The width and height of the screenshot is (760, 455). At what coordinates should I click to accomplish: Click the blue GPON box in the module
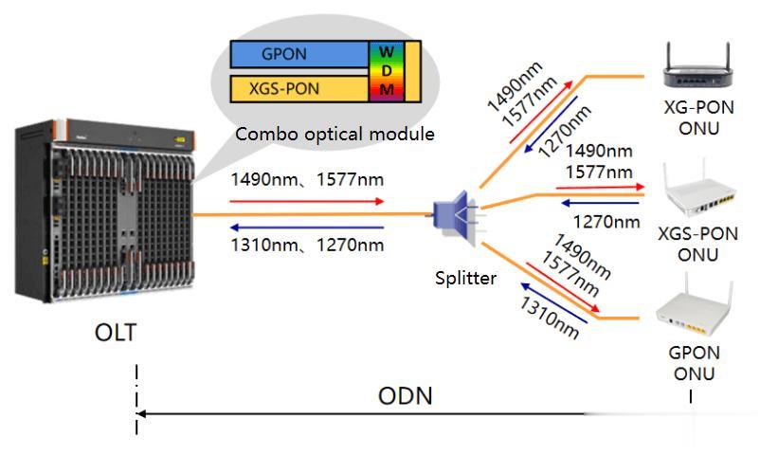(299, 55)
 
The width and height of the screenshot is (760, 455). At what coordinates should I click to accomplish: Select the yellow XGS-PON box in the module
(299, 89)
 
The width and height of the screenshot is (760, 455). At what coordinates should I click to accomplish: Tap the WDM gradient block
(387, 70)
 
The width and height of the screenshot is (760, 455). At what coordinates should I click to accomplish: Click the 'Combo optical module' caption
(335, 134)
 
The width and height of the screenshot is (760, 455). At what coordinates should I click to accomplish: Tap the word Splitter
(465, 278)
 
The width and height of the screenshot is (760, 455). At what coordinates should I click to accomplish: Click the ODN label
(406, 395)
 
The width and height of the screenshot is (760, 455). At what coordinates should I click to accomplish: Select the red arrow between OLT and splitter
(308, 201)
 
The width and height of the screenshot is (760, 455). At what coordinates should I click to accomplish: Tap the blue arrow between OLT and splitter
(308, 227)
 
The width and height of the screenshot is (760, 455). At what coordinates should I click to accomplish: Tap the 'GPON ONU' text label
(695, 362)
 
